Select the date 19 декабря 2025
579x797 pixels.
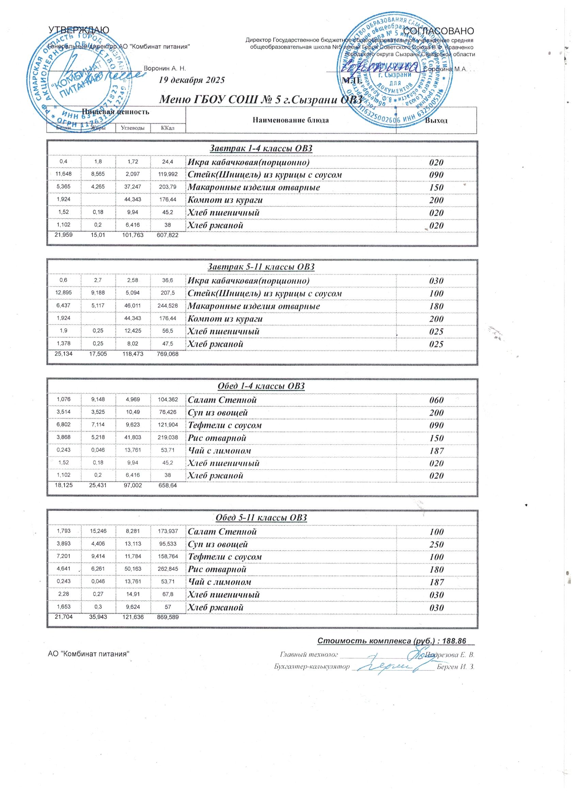coord(192,80)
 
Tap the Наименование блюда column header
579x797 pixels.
coord(291,121)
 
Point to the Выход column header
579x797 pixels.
coord(436,121)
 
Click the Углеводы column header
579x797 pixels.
coord(133,128)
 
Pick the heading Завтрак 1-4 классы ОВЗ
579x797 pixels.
coord(261,149)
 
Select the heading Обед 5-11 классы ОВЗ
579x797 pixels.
coord(261,517)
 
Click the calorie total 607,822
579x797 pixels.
coord(167,235)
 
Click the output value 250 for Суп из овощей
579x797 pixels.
coord(436,544)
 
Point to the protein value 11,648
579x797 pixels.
coord(64,175)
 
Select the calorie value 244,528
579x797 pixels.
coord(167,306)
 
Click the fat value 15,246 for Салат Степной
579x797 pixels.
coord(98,531)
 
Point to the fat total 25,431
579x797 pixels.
coord(98,485)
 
